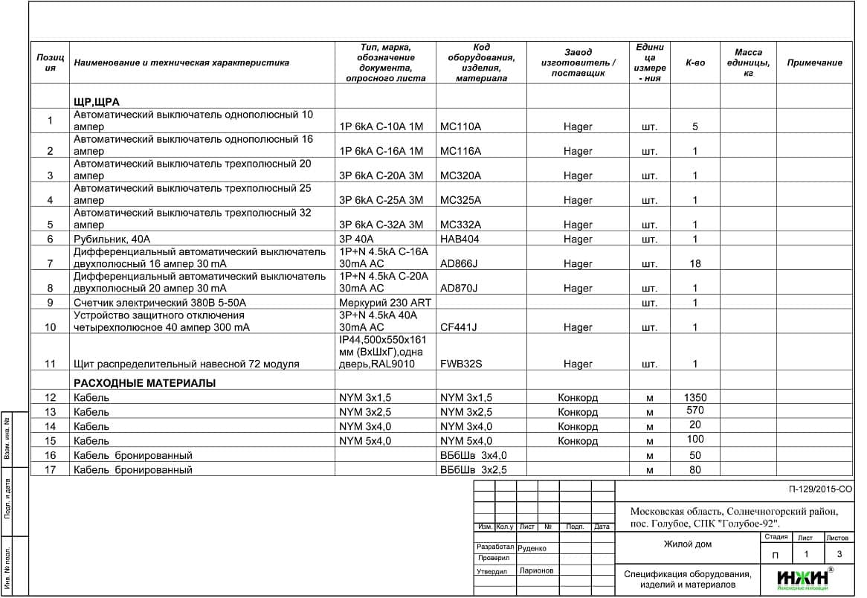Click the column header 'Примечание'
pos(814,63)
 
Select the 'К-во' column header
pos(695,63)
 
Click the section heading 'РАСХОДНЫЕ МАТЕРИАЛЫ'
pos(144,383)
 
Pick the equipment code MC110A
pos(460,126)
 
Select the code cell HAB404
pos(460,239)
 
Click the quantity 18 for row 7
pos(695,264)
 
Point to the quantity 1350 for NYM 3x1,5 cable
pos(695,397)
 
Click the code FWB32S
pos(461,364)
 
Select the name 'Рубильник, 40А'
pos(112,239)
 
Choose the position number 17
pos(51,470)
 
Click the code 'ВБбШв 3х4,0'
pos(473,455)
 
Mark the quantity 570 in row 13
pos(695,411)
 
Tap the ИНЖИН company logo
pos(804,579)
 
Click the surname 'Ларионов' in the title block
pos(537,571)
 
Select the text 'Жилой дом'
pos(687,544)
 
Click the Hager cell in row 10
pos(578,327)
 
